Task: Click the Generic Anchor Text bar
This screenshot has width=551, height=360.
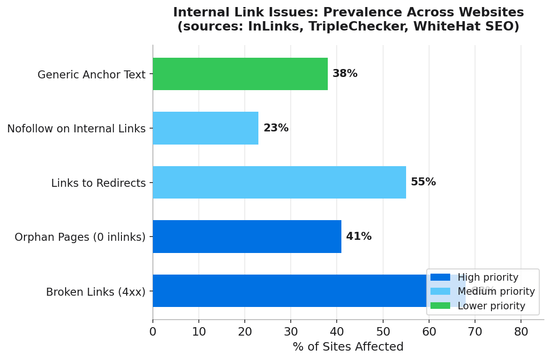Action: coord(240,74)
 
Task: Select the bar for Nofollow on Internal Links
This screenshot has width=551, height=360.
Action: coord(205,128)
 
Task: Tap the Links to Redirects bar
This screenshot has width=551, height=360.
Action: coord(279,182)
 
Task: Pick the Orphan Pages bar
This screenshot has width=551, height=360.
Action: coord(247,237)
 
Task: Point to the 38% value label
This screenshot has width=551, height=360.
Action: coord(345,74)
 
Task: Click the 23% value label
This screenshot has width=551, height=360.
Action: coord(276,128)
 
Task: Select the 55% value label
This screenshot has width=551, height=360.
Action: coord(423,182)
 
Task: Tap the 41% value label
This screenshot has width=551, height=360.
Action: coord(359,237)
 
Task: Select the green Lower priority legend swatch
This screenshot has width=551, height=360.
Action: coord(440,306)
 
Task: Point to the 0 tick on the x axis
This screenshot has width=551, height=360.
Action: coord(153,332)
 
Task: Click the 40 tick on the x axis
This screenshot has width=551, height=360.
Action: coord(337,332)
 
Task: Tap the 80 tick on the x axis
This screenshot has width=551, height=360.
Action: coord(521,332)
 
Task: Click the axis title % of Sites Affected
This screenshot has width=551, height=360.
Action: coord(348,347)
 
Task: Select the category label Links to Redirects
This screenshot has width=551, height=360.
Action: coord(98,183)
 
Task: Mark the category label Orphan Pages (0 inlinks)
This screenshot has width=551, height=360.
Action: coord(80,237)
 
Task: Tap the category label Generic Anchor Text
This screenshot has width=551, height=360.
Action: coord(91,75)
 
